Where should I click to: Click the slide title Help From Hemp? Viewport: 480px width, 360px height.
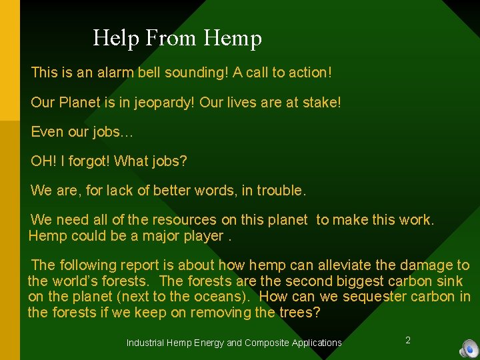(177, 38)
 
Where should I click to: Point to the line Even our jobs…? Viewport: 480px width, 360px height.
(82, 132)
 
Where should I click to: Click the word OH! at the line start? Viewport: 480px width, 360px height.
(43, 161)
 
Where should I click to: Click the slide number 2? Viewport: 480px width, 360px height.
(408, 341)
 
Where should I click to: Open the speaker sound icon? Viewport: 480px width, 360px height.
(469, 348)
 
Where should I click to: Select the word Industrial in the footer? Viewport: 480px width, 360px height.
(145, 343)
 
